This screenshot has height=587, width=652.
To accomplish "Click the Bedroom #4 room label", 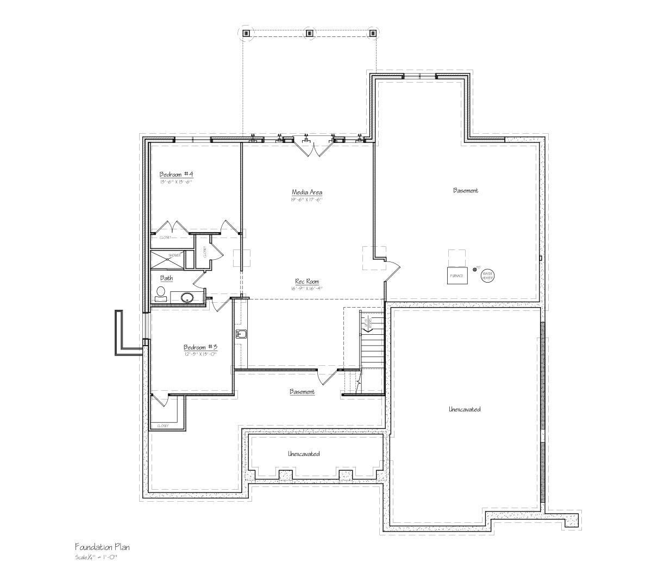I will pos(176,174).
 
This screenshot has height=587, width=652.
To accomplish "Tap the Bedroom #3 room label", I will pos(200,347).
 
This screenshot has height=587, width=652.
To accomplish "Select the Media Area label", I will pos(307,192).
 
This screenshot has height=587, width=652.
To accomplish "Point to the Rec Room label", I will pos(307,282).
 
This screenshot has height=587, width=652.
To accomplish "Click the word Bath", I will pos(166,278).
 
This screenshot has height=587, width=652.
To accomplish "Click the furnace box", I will pos(457,275).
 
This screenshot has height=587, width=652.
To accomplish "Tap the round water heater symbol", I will pos(487,276).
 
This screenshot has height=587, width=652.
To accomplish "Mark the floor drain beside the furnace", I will pos(474,269).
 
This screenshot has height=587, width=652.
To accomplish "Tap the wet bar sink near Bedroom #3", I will pos(241,334).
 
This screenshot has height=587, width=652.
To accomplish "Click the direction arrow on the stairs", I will pos(369,323).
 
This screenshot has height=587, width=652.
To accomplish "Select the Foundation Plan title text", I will pos(102,547).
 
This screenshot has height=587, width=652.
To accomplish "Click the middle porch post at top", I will pos(309,33).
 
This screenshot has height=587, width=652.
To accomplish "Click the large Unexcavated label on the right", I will pos(465,409).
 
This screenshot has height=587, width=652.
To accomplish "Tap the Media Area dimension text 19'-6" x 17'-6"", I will pos(307,200).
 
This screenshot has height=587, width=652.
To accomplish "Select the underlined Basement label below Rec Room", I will pos(302,392).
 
